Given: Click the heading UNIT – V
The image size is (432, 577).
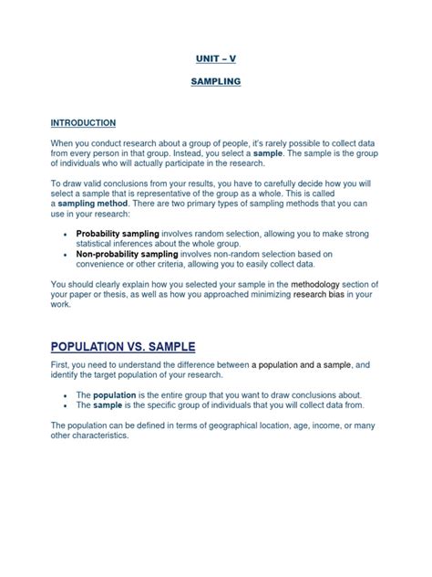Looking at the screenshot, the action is (216, 58).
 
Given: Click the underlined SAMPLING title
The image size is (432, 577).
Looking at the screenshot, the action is (216, 81).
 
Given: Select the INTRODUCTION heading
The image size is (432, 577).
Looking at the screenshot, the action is (83, 122).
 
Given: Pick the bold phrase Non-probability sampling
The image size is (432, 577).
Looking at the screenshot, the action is (126, 254).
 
